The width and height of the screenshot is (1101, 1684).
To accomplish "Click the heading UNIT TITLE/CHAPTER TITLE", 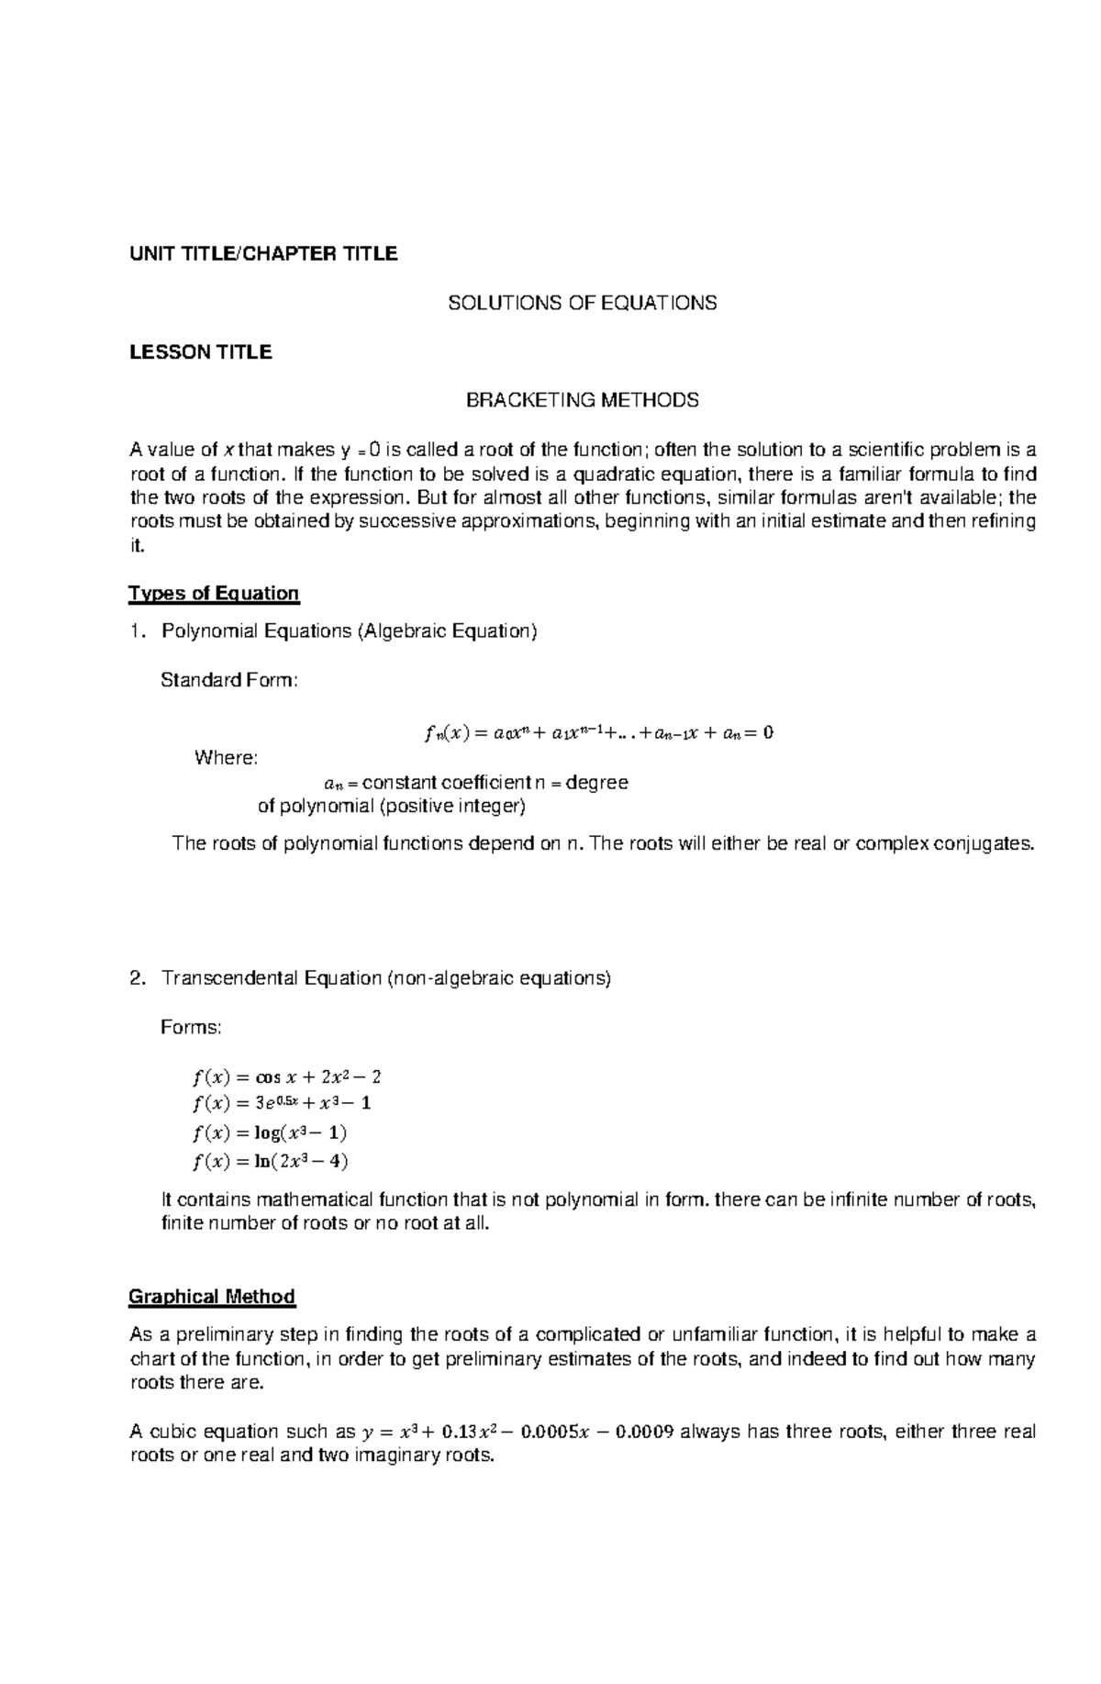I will [x=262, y=254].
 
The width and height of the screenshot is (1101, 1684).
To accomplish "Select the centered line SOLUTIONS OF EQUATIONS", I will [x=582, y=303].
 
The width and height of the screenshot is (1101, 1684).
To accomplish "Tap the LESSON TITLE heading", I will [x=200, y=352].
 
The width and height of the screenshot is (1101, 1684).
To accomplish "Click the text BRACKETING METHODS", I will [x=582, y=400].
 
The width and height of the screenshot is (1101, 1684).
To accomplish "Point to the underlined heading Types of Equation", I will [x=214, y=594].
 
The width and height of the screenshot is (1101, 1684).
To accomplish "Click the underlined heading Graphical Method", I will [x=212, y=1297].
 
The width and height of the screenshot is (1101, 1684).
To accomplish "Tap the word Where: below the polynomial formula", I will [x=226, y=758].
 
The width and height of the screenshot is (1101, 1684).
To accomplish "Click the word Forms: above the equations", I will [x=191, y=1027].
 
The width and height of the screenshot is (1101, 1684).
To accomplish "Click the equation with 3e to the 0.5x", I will [x=282, y=1103].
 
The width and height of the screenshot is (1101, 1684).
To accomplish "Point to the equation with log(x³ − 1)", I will [x=270, y=1132].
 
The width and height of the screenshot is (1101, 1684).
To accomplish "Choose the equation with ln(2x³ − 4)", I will [x=271, y=1161].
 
